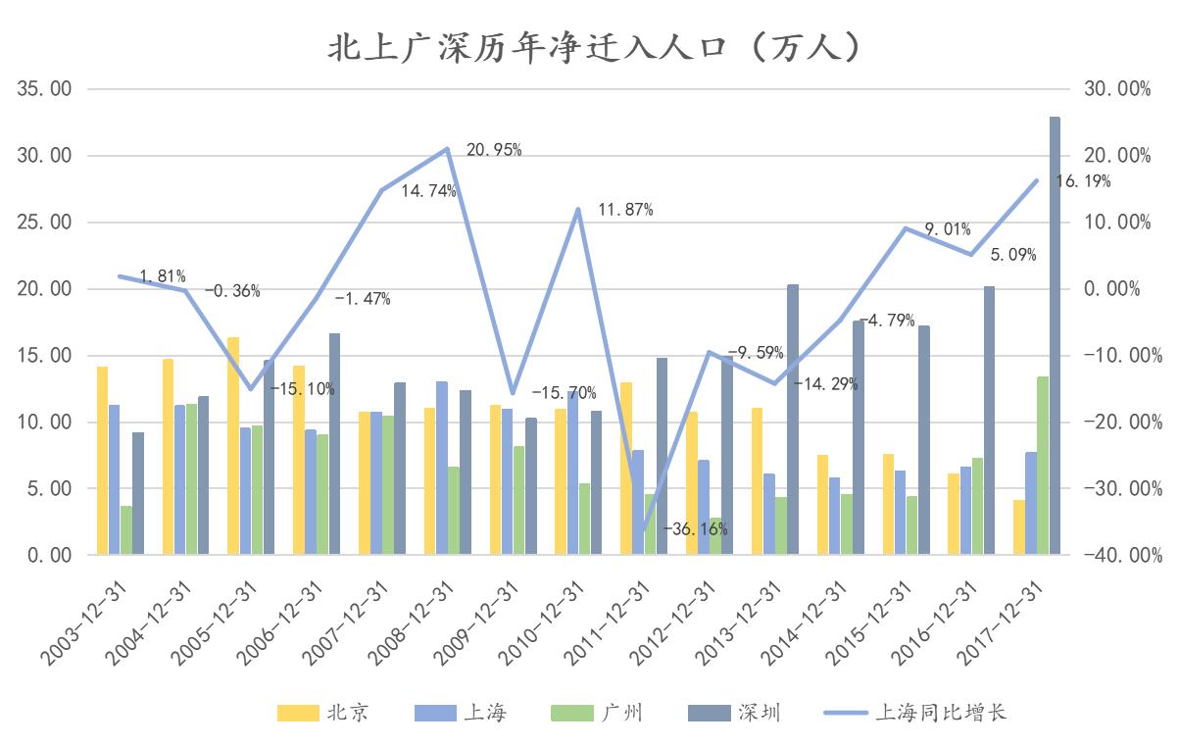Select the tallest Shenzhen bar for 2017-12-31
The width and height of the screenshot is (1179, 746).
coord(1055,335)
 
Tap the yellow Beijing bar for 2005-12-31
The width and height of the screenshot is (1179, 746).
coord(233,446)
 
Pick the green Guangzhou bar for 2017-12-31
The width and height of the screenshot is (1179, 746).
coord(1043,466)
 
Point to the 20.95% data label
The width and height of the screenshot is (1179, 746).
coord(494,150)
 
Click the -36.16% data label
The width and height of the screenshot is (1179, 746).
coord(695,529)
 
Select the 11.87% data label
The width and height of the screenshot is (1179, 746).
coord(625,209)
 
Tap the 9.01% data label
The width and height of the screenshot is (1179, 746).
coord(948,229)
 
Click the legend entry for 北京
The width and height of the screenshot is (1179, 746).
coord(323,713)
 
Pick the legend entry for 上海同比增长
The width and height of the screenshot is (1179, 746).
coord(916,713)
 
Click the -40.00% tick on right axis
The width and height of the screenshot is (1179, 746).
coord(1117,555)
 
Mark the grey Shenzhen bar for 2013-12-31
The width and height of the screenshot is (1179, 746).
coord(792,420)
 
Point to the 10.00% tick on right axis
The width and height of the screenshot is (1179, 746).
coord(1117,223)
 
